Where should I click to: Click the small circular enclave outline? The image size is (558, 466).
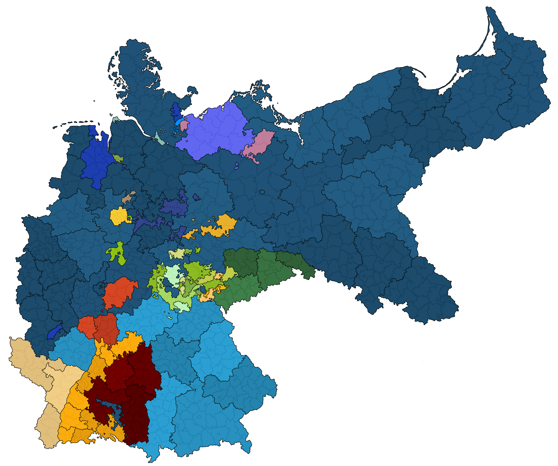click(x=262, y=192)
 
